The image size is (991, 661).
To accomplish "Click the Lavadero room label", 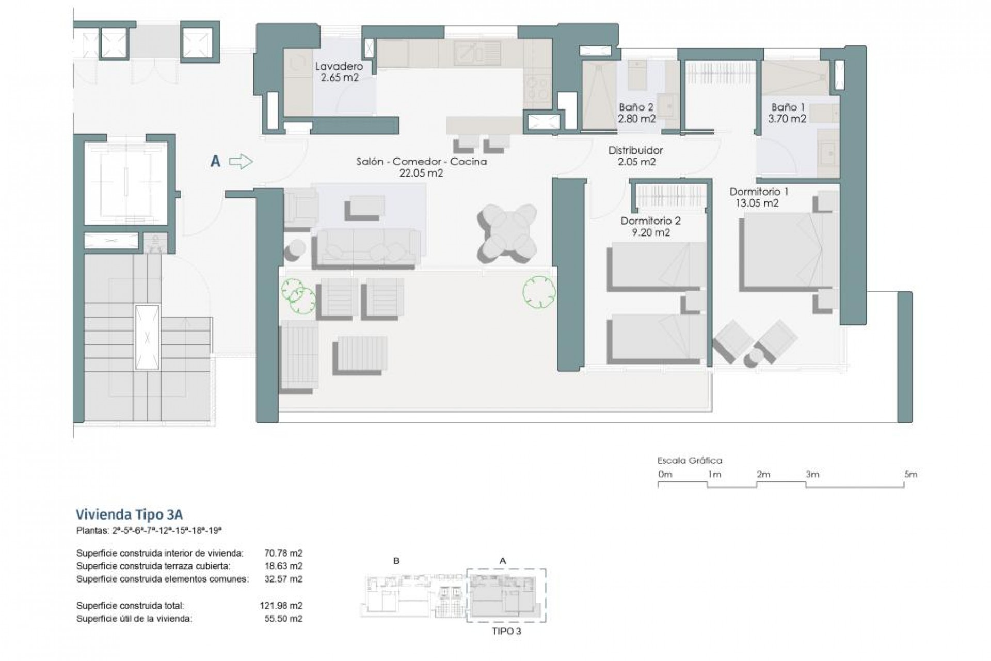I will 339,66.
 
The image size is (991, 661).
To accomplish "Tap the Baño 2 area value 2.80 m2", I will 636,119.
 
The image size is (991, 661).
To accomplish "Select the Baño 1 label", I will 788,107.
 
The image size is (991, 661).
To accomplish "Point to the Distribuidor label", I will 635,150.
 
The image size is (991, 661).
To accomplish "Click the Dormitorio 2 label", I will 650,221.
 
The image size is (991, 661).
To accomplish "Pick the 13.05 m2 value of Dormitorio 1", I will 757,203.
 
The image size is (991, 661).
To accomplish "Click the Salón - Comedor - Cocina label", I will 421,162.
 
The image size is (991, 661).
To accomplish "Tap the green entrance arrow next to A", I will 241,162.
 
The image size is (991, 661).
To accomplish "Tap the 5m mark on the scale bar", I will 910,474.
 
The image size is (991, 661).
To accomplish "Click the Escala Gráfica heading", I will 690,461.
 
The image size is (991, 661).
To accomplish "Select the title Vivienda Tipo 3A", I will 129,515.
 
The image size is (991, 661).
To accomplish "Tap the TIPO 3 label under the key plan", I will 506,631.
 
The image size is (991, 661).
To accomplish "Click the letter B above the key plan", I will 396,561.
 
